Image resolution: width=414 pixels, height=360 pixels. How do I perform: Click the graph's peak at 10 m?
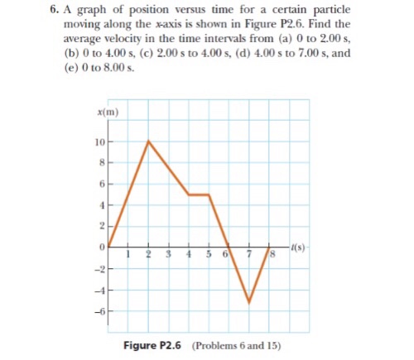148,141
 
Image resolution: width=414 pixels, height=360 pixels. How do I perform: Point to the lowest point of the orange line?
249,302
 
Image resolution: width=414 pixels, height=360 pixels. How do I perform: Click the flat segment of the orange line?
199,194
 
